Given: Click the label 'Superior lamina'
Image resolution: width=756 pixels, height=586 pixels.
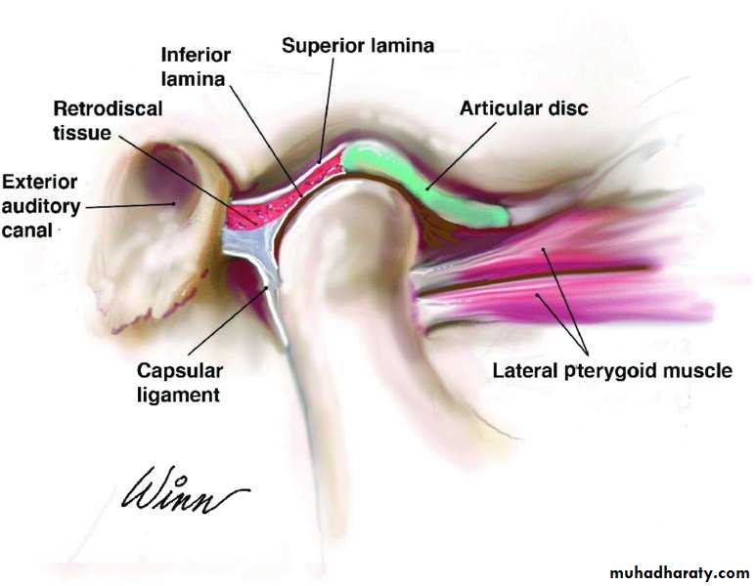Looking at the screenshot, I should coord(357,45).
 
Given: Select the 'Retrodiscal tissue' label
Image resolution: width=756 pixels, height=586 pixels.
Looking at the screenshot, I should coord(96,119).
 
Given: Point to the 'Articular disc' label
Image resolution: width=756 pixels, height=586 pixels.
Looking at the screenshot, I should coord(524,108).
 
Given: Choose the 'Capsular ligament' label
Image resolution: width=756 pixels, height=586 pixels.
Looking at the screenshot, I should coord(180,383).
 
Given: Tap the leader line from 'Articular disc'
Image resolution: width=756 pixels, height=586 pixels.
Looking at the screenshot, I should coord(460,154).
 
